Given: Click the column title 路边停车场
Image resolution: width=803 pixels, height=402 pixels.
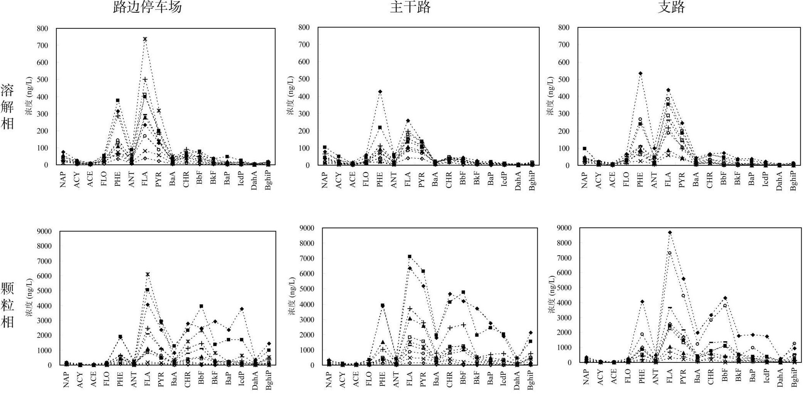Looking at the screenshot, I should coord(147,7).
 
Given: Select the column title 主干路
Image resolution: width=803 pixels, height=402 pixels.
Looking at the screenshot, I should coord(410,7).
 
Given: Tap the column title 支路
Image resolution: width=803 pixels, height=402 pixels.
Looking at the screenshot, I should coord(671,7).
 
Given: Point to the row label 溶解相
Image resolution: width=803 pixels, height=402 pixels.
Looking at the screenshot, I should coord(7,107).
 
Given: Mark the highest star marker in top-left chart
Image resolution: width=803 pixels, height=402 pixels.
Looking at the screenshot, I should coord(145,39).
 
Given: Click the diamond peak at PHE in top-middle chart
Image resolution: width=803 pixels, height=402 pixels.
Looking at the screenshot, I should coord(380,92).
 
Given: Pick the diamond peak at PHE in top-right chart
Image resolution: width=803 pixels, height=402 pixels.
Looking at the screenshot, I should coord(641,73).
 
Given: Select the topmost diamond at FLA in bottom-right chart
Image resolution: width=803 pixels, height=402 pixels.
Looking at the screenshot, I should coord(670,233).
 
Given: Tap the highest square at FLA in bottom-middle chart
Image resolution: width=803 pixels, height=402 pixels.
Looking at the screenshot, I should coord(410,256).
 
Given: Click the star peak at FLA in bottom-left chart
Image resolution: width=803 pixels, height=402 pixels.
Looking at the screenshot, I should coord(147,274).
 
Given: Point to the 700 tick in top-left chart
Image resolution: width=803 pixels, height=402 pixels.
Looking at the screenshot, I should coord(43,45).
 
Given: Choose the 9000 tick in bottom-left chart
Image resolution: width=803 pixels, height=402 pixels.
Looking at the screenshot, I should coord(44,231).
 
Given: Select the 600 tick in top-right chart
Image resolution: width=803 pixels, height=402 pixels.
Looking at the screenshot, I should coord(564,62).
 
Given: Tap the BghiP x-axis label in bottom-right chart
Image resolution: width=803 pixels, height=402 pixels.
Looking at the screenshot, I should coord(794,376).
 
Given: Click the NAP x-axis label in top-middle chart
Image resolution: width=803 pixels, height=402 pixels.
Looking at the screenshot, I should coord(325,180).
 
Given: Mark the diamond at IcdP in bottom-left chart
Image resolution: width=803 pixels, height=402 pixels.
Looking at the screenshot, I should coord(242,309).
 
